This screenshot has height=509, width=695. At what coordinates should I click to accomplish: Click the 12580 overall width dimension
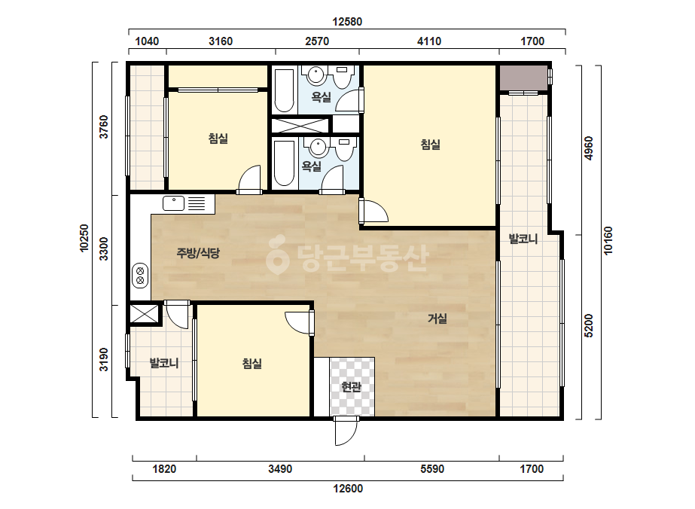tap(347, 22)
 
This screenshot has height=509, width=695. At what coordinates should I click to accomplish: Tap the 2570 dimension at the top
tap(317, 41)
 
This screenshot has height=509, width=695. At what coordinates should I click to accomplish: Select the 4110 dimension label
tap(429, 41)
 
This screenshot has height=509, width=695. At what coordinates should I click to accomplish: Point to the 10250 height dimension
tap(84, 238)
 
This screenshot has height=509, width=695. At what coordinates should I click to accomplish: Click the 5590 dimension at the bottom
tap(432, 468)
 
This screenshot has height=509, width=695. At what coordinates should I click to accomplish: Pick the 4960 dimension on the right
tap(589, 148)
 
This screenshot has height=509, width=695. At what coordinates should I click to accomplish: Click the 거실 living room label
tap(437, 319)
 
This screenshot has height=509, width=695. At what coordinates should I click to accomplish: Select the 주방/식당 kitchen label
tap(198, 253)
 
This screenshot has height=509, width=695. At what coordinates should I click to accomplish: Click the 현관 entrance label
tap(351, 387)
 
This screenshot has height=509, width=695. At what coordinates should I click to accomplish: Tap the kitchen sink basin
tap(174, 203)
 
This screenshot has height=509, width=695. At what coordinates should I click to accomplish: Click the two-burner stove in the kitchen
tap(140, 276)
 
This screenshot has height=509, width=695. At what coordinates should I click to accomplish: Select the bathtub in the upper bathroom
tap(284, 91)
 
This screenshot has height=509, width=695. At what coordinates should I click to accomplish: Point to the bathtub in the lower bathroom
tap(284, 163)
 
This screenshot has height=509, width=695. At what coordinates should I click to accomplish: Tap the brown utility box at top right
tap(523, 78)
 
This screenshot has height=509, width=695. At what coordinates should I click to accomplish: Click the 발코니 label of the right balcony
tap(523, 239)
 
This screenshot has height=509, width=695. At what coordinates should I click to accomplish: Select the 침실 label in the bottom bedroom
tap(251, 364)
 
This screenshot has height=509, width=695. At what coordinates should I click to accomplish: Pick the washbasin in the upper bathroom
tap(315, 75)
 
